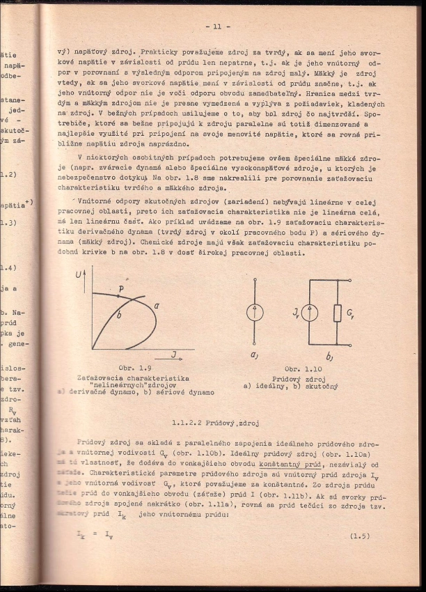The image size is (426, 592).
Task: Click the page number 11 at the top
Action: click(213, 27)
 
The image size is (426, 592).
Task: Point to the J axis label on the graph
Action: click(173, 355)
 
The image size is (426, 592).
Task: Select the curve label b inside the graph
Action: click(119, 316)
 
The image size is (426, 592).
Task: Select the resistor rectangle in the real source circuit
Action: click(338, 313)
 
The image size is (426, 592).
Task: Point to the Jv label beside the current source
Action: click(296, 313)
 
